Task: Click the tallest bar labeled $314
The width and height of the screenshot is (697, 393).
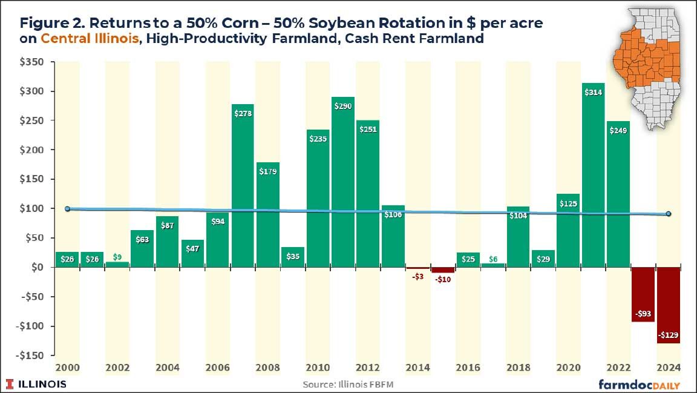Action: tap(593, 176)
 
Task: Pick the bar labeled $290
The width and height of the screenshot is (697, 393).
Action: tap(342, 182)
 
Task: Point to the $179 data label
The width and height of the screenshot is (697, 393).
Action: tap(267, 171)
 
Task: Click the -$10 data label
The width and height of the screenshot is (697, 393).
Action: tap(443, 279)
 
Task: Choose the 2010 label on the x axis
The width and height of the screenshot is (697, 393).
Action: tap(317, 368)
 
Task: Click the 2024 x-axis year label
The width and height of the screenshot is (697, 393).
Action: tap(668, 368)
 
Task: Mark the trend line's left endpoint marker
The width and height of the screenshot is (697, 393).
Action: tap(67, 209)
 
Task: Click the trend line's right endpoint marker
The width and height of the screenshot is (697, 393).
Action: tap(669, 214)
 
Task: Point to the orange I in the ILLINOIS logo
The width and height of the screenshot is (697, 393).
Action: tap(10, 384)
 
